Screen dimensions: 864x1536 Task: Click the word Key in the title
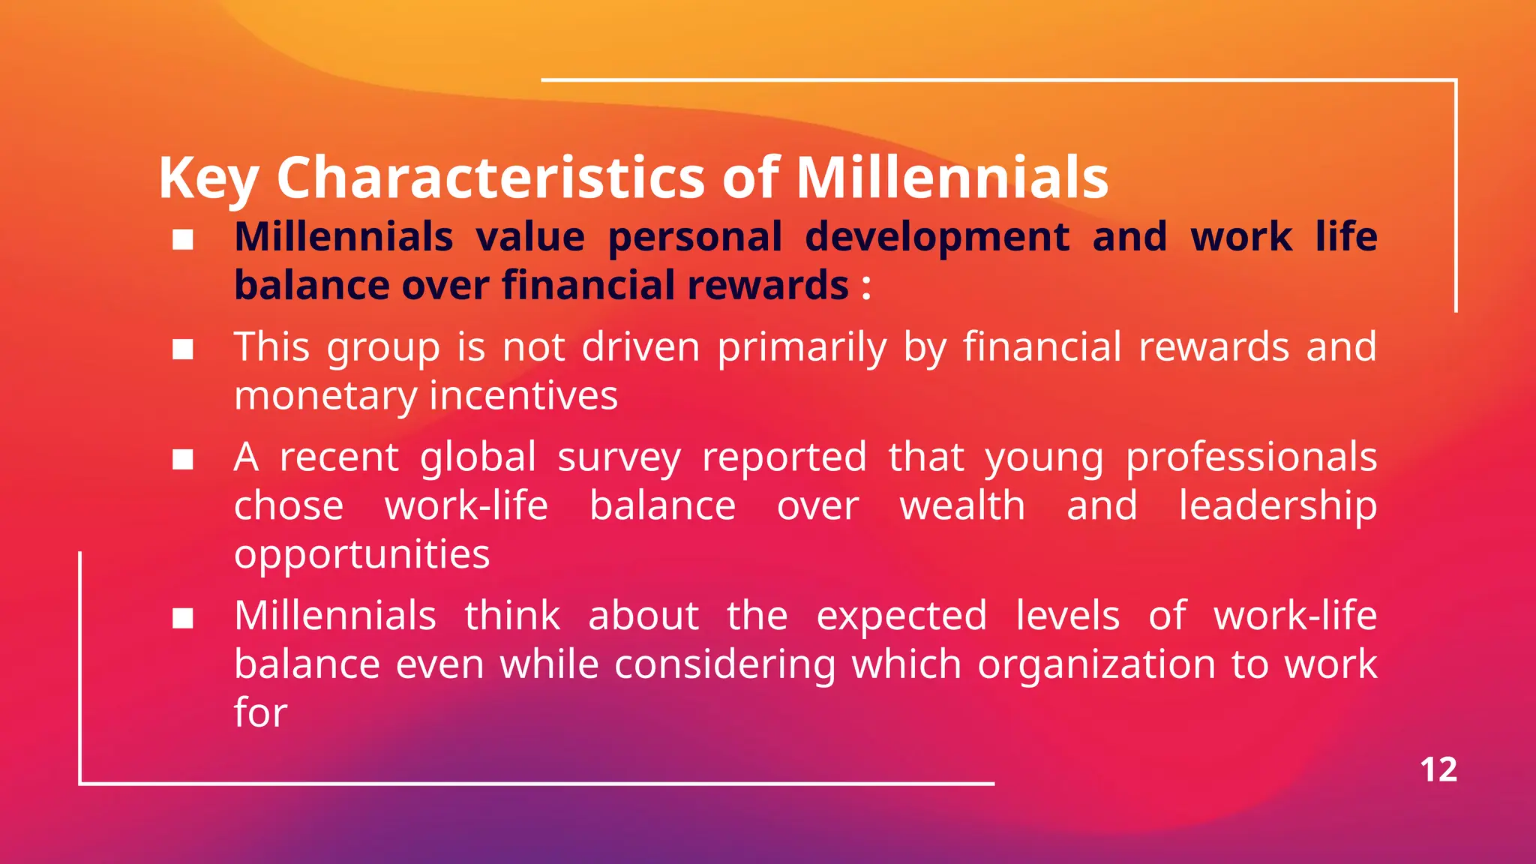click(208, 178)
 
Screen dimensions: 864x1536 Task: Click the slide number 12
click(1438, 770)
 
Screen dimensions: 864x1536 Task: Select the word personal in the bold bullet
click(694, 237)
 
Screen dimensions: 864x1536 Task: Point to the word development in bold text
click(937, 237)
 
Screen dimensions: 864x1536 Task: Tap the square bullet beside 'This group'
click(183, 349)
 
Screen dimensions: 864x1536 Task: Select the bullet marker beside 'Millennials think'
click(183, 619)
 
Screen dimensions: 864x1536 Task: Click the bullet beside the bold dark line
click(183, 240)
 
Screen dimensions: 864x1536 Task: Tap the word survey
click(619, 457)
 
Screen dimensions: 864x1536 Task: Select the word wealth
click(962, 505)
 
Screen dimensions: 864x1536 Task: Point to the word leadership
click(1277, 505)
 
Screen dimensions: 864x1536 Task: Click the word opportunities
click(361, 555)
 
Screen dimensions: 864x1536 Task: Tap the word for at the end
click(260, 712)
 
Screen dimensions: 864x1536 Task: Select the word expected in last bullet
click(901, 617)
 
